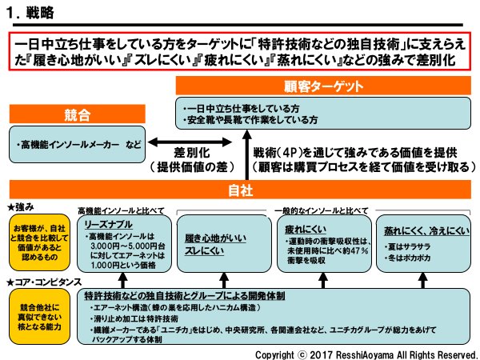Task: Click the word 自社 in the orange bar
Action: coord(241,190)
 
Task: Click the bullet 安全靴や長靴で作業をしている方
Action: coord(251,120)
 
